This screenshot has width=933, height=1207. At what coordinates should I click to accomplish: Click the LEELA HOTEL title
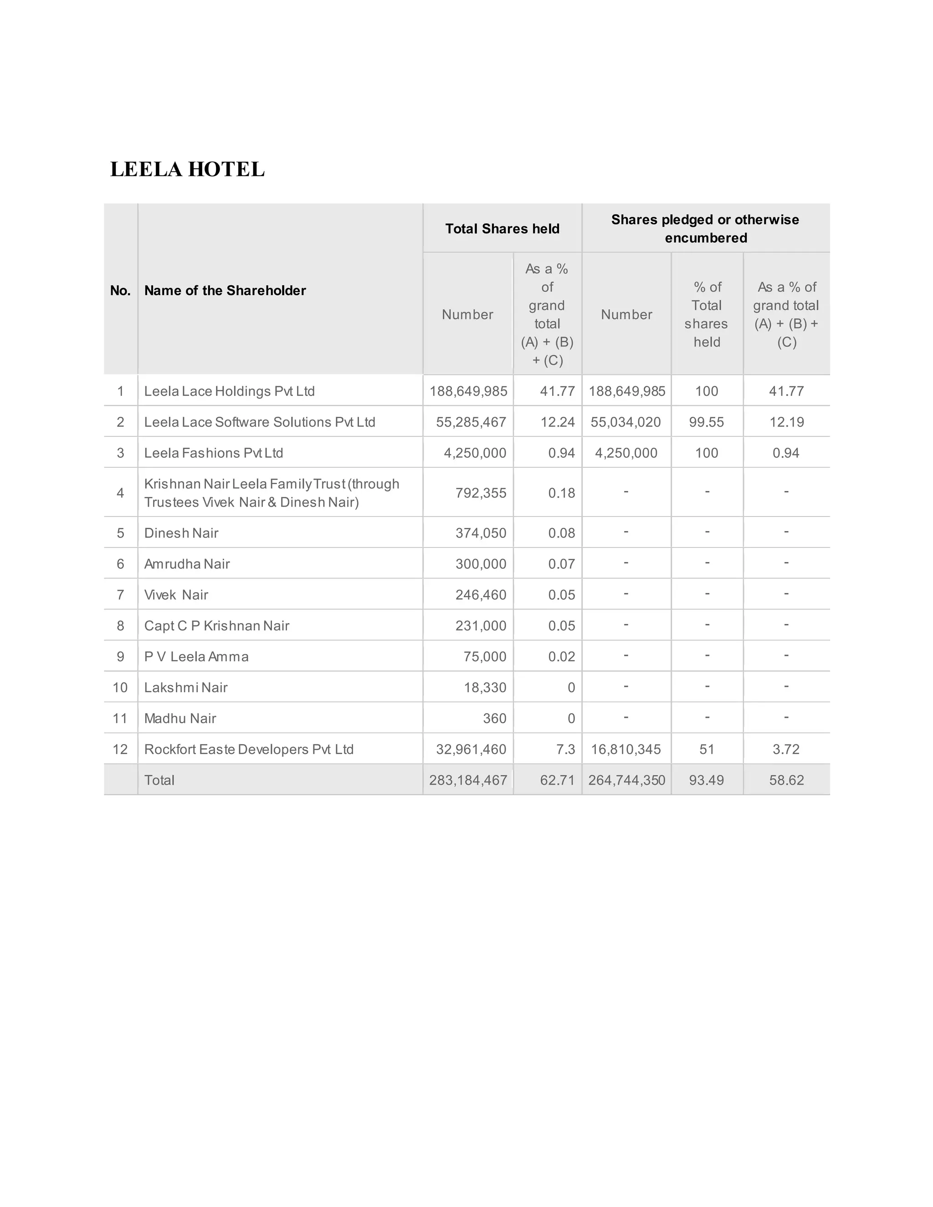coord(187,169)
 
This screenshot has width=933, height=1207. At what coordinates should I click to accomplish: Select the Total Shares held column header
coord(502,229)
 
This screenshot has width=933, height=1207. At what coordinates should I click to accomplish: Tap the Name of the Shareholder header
coord(225,291)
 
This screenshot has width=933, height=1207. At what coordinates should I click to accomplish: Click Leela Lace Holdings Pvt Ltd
coord(230,391)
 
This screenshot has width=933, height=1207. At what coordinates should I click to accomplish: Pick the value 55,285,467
coord(471,422)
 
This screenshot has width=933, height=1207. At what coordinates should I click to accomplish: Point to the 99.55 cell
coord(707,422)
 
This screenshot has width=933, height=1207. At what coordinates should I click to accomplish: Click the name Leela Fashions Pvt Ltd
coord(213,453)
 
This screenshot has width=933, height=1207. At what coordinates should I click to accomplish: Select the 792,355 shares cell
coord(480,493)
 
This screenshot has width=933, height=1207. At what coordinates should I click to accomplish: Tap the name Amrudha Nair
coord(187,564)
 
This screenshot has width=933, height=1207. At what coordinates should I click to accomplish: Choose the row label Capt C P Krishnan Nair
coord(217,626)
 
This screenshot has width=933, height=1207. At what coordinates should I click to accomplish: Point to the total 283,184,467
coord(468,780)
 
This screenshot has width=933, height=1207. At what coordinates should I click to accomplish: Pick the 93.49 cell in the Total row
coord(707,780)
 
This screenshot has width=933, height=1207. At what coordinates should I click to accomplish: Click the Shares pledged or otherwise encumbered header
coord(705,229)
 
